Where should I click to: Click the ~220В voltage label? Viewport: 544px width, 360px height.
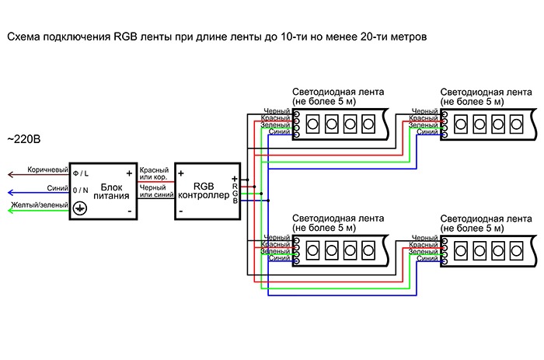point(23,140)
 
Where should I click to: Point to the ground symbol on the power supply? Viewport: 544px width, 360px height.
point(79,208)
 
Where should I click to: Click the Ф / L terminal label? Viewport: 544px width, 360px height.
point(81,173)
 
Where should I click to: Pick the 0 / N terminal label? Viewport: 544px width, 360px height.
point(81,190)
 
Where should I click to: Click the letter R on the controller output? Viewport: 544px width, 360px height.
point(234,186)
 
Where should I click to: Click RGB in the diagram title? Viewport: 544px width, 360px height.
point(124,37)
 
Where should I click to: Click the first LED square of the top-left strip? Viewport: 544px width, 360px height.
point(314,123)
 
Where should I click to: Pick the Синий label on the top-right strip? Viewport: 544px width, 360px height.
point(428,132)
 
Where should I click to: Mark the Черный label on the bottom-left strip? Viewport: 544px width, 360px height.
point(277,238)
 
